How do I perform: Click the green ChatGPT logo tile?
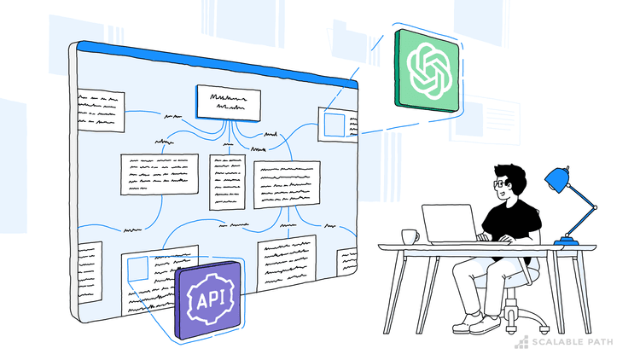pos(426,69)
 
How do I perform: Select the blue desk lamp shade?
pos(557,178)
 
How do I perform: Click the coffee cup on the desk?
pos(409,236)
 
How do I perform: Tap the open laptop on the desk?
pos(450,224)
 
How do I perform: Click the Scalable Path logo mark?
pos(521,343)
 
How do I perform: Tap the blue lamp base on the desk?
pos(566,241)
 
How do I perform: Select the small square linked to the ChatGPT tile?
pos(335,125)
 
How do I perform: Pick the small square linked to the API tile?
pos(137,270)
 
